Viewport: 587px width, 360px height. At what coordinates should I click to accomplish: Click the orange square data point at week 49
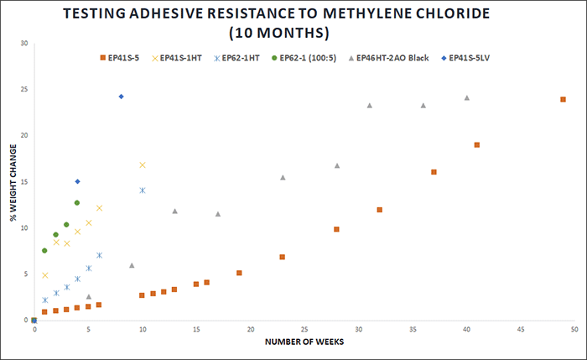(x=563, y=99)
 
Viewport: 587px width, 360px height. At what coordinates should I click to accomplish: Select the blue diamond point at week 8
(x=121, y=97)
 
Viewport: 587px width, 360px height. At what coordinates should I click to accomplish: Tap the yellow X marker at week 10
(x=143, y=165)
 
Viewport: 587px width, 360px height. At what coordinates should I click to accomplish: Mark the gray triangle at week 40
(x=467, y=97)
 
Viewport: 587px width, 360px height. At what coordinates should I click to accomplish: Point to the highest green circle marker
(x=77, y=202)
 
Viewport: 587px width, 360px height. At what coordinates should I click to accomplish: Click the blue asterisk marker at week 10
(x=143, y=190)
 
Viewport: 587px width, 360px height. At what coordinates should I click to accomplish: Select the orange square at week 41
(x=477, y=144)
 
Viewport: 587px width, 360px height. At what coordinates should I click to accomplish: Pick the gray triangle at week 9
(x=132, y=265)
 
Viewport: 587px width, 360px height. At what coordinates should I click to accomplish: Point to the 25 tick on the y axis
(x=25, y=90)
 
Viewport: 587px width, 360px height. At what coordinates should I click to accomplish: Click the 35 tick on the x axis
(x=413, y=330)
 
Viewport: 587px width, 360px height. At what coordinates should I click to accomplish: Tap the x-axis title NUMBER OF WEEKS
(x=304, y=343)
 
